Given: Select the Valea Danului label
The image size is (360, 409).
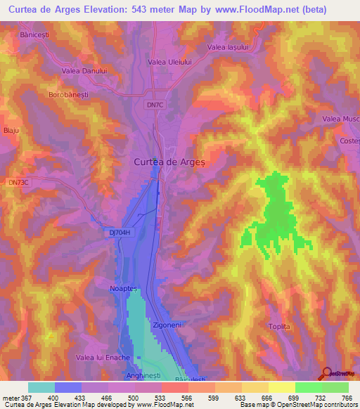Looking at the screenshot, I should coord(84,70).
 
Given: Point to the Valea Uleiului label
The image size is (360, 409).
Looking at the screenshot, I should coord(169,62).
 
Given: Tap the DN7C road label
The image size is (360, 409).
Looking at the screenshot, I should coord(156,105).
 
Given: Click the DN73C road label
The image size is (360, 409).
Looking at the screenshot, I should coord(19,182).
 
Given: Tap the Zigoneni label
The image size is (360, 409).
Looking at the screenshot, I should coord(167,327).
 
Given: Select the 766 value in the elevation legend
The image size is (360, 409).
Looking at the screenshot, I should coord(347,398).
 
